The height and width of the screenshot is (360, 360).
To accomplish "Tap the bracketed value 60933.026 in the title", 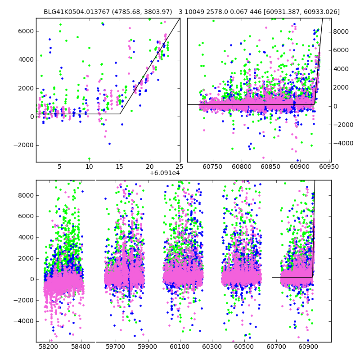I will click(323, 12).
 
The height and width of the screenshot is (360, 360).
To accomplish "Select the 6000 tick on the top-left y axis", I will click(25, 31).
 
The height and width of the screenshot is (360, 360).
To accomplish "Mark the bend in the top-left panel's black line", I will click(120, 114).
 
